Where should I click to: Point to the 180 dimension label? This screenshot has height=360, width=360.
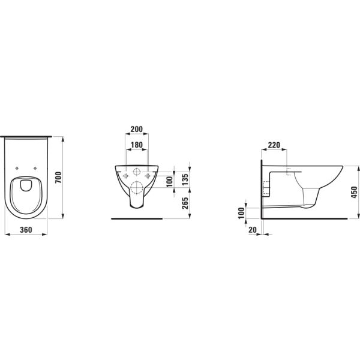click(x=136, y=144)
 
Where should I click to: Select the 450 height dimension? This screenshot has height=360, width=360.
click(x=354, y=192)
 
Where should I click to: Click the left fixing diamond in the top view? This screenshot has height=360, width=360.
click(x=17, y=168)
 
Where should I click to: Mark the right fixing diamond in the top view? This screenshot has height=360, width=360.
click(x=37, y=168)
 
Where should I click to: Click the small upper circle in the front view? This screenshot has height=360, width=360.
click(x=136, y=173)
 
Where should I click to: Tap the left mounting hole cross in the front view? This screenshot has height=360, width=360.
click(x=125, y=176)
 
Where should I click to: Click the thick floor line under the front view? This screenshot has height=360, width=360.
click(x=136, y=219)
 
